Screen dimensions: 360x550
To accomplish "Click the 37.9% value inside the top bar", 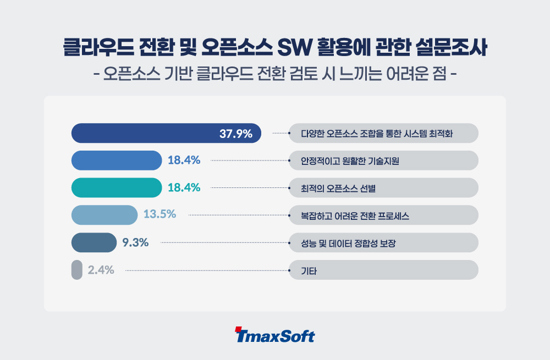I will tap(236, 133).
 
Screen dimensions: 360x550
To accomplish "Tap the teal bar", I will tap(117, 187).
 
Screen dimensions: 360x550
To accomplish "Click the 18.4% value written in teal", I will tap(184, 187).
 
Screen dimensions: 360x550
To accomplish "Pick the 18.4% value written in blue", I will tap(184, 160).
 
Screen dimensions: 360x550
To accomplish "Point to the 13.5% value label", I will tap(159, 214).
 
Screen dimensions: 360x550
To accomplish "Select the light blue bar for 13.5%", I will tap(105, 215).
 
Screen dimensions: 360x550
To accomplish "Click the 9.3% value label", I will tap(135, 242).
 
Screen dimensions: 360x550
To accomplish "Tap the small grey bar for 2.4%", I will tap(76, 270).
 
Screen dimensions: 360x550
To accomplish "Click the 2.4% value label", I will tap(101, 270).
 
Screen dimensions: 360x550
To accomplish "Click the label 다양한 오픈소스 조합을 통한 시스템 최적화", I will tap(376, 134).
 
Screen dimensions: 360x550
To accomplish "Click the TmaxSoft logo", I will tap(274, 335).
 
